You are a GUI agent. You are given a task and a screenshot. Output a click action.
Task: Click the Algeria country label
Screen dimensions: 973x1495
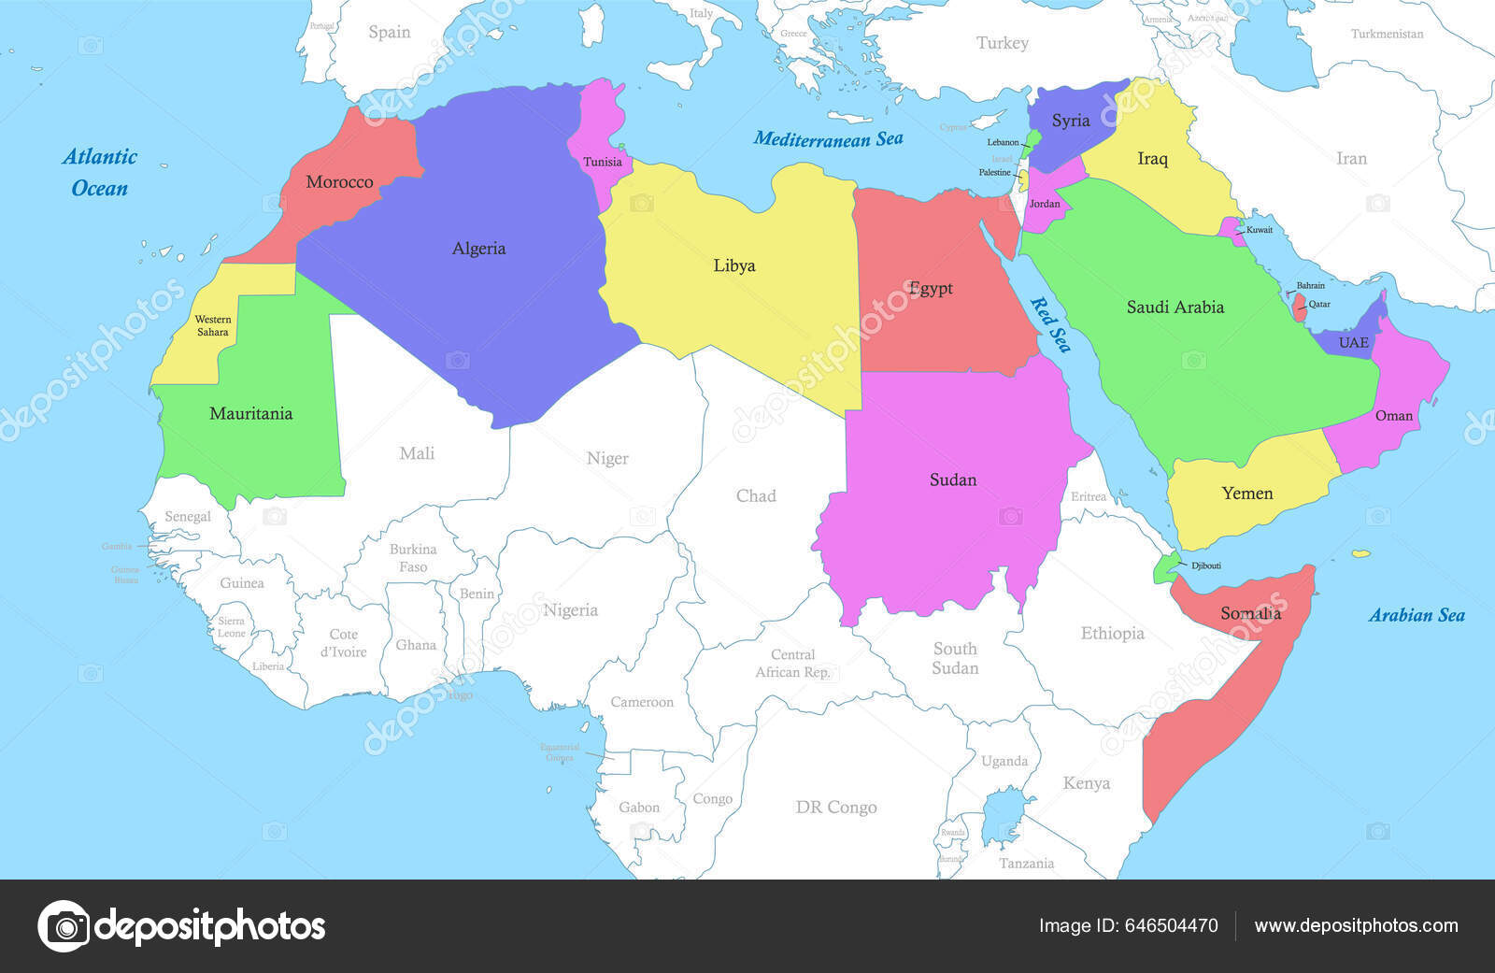pos(478,249)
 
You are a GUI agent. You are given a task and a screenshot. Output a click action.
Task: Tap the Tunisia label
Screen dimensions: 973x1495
pos(603,162)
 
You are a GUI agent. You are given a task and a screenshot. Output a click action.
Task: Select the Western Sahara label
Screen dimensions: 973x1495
pos(213,325)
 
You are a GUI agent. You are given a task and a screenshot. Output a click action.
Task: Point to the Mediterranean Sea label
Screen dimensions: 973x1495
pos(828,139)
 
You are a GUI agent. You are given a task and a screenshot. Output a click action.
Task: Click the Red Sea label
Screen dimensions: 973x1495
pos(1050,323)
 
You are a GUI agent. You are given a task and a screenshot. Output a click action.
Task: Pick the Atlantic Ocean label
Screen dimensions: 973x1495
pos(99,172)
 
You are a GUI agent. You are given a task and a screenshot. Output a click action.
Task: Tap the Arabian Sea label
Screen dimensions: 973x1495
pos(1417,615)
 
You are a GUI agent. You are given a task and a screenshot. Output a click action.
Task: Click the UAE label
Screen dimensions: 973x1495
pos(1354,343)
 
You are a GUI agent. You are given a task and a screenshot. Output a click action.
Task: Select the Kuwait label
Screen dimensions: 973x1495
pos(1260,230)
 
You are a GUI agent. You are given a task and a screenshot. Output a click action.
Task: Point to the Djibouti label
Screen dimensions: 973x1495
pos(1205,565)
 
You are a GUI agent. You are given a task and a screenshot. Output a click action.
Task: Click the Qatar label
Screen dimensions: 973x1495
pos(1319,304)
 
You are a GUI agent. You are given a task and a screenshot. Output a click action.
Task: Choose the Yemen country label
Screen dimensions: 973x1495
pos(1247,494)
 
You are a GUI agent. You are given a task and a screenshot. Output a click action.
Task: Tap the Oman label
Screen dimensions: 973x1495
pos(1394,415)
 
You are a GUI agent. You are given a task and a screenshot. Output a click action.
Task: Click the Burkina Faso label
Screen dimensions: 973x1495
pos(413,558)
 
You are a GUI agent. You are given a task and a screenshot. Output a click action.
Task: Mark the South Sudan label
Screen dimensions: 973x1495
pos(955,658)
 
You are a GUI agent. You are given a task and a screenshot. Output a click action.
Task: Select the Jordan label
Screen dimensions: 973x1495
pos(1045,204)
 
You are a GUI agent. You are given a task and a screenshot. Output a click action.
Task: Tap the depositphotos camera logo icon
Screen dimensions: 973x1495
pos(64,926)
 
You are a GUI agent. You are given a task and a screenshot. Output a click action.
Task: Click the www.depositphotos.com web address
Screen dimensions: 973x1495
pos(1356,925)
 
